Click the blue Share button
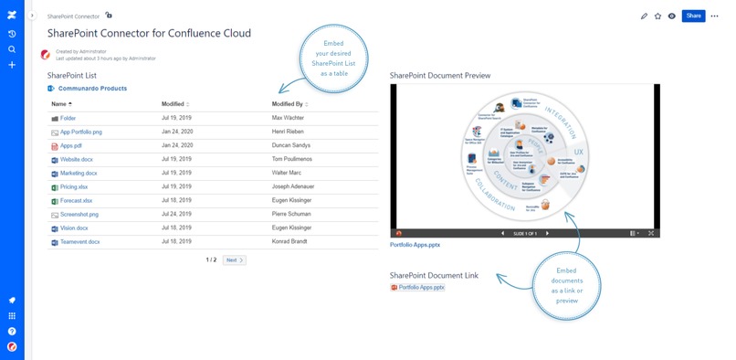[x=693, y=16]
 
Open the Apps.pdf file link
[x=71, y=145]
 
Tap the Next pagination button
[x=235, y=260]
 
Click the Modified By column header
[x=289, y=104]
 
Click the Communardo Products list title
[x=93, y=89]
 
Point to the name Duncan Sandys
[x=292, y=145]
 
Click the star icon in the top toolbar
[x=657, y=16]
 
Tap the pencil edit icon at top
[x=644, y=16]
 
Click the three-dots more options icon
[x=715, y=16]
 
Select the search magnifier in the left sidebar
[x=12, y=49]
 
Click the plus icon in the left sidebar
[x=12, y=65]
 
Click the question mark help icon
[x=12, y=331]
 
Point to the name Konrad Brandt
[x=294, y=241]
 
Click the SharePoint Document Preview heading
[x=439, y=75]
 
